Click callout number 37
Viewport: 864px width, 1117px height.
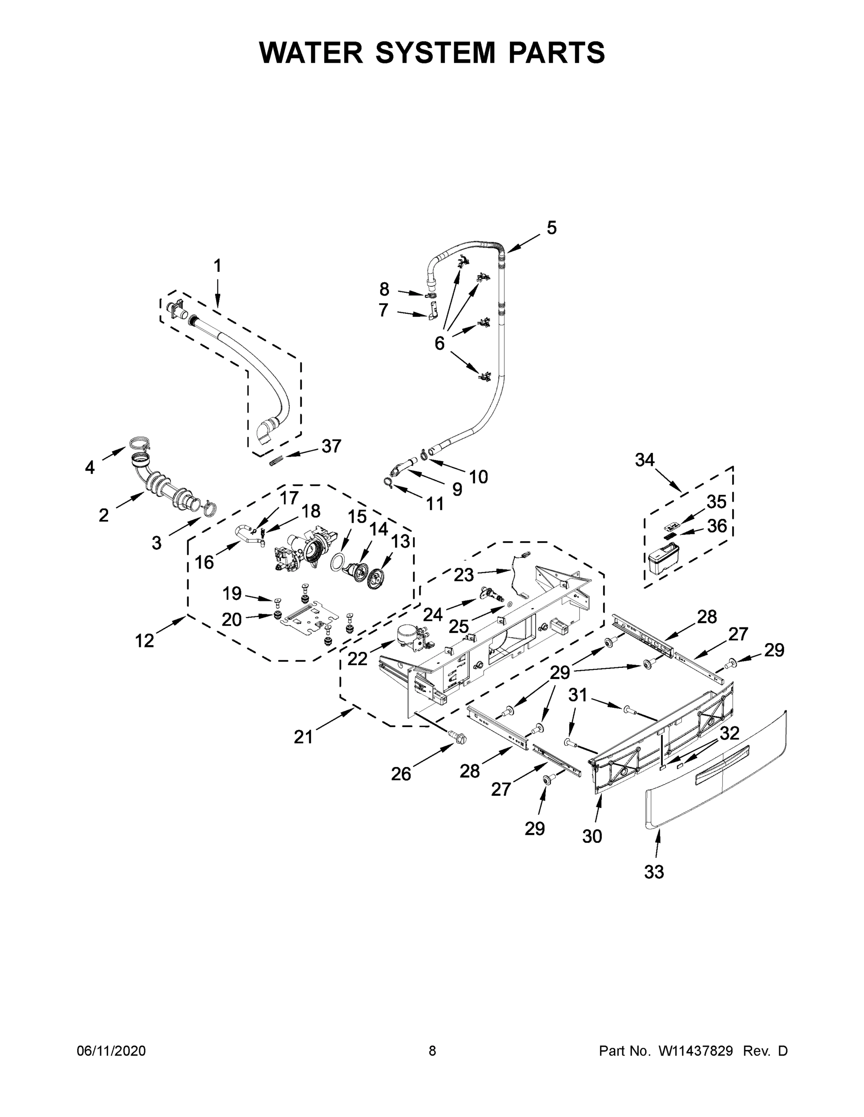(x=331, y=446)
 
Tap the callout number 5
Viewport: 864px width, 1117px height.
(x=551, y=228)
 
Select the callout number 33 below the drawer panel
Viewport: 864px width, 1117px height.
(x=653, y=872)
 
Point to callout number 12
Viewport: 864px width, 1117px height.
(x=144, y=641)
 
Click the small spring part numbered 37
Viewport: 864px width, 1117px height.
(x=276, y=461)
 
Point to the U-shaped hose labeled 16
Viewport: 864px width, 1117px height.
(x=245, y=534)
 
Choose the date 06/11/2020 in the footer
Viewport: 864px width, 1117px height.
(x=111, y=1051)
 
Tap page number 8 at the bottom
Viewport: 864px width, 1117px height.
(x=432, y=1051)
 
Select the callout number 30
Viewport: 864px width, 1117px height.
(x=592, y=837)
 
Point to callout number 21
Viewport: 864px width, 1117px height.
(x=303, y=737)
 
